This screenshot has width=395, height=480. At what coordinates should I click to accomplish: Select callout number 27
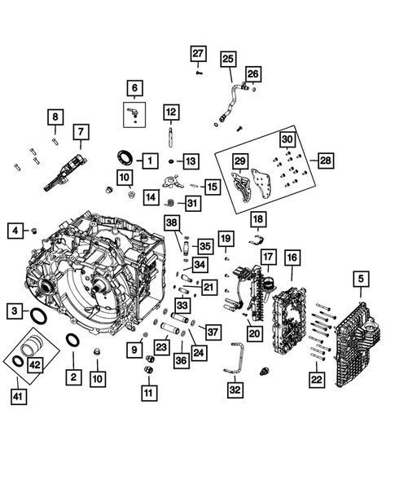point(198,54)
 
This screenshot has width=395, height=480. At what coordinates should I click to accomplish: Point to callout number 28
point(326,161)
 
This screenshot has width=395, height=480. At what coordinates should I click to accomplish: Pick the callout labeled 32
point(235,390)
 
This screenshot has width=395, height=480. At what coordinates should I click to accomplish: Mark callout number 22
point(316,380)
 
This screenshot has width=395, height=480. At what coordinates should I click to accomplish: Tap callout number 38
point(172,222)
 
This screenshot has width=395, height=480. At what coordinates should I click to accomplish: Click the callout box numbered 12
point(170,112)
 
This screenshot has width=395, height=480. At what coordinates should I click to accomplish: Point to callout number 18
point(257,219)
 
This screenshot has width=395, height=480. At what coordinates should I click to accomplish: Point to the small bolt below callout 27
point(199,73)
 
